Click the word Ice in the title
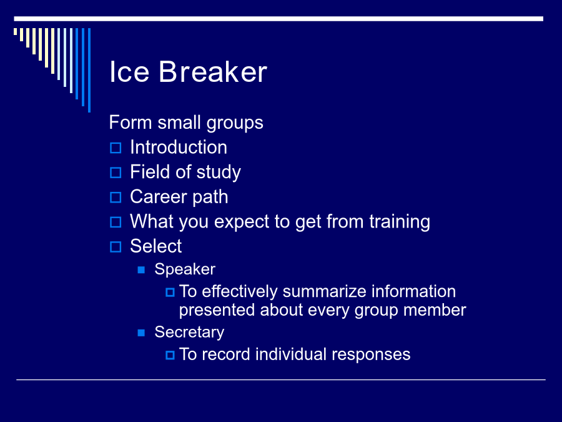(x=129, y=72)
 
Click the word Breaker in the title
(x=213, y=72)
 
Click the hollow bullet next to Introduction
(x=116, y=148)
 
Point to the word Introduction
(x=179, y=147)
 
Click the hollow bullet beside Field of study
(x=116, y=173)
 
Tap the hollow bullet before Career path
(x=116, y=198)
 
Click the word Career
(x=159, y=197)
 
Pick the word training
(x=400, y=222)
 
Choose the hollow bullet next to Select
(x=116, y=247)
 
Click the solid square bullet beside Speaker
(x=141, y=270)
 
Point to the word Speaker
(x=185, y=269)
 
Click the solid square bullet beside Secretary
(x=141, y=333)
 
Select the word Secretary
(x=189, y=333)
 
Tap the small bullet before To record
(x=170, y=355)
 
